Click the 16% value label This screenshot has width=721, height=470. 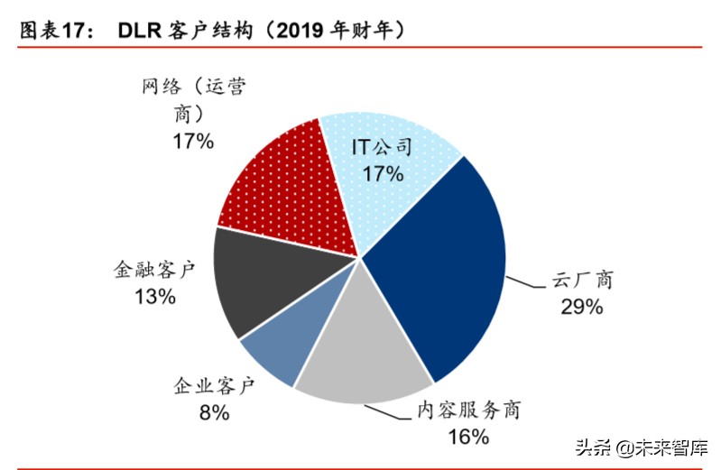point(467,437)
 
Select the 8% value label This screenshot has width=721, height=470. point(214,413)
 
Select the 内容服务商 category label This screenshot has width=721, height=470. point(467,410)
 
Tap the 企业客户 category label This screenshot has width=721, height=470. point(215,387)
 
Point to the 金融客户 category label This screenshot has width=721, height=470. point(154,270)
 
